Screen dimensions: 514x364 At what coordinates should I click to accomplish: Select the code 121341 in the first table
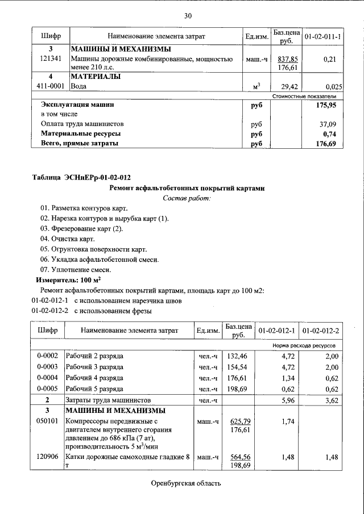50,59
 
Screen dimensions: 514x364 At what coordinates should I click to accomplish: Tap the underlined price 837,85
287,59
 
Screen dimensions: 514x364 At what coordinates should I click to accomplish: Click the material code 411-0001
50,86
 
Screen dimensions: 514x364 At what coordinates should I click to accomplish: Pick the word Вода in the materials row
78,86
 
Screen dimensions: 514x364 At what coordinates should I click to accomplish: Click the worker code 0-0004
47,378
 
